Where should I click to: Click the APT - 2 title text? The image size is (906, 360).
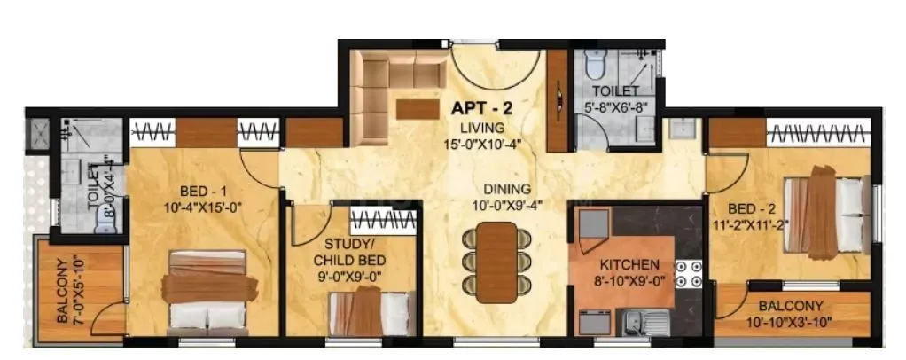pos(481,110)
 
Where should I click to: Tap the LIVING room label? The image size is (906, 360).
pos(480,128)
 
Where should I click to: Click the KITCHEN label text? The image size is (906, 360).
pos(629,264)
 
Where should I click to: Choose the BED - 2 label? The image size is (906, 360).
pos(747,209)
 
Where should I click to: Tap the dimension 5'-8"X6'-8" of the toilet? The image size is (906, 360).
pos(619,106)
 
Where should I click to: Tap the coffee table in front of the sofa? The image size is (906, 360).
pos(418,109)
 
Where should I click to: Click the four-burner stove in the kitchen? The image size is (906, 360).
pos(687,274)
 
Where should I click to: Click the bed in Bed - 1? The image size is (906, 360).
pos(207,289)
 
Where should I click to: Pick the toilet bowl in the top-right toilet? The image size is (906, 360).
pos(596,67)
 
